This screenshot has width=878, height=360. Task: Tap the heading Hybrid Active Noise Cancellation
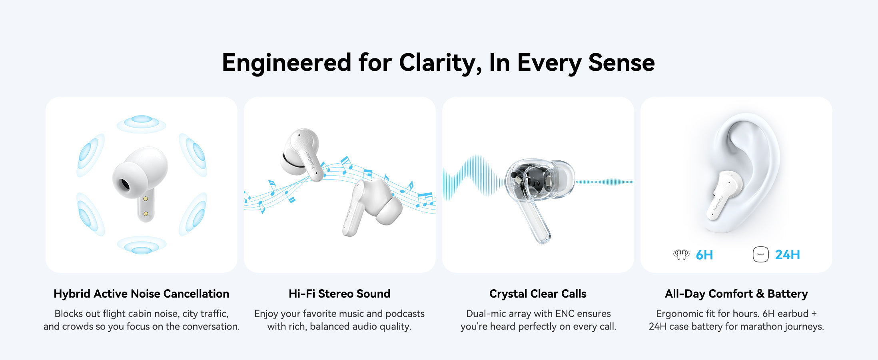142,294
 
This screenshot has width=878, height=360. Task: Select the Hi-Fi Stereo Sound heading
339,294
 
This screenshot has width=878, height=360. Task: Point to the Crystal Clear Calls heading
538,294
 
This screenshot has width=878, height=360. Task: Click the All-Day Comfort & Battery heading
736,294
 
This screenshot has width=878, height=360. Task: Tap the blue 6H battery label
704,255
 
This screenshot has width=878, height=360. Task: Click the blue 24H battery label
787,255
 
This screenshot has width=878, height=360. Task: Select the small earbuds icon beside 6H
681,254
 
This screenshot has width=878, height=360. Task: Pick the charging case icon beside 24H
760,254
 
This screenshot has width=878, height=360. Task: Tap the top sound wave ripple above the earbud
142,123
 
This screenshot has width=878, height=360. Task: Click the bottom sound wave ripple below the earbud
142,245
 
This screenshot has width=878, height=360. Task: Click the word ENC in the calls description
565,314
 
